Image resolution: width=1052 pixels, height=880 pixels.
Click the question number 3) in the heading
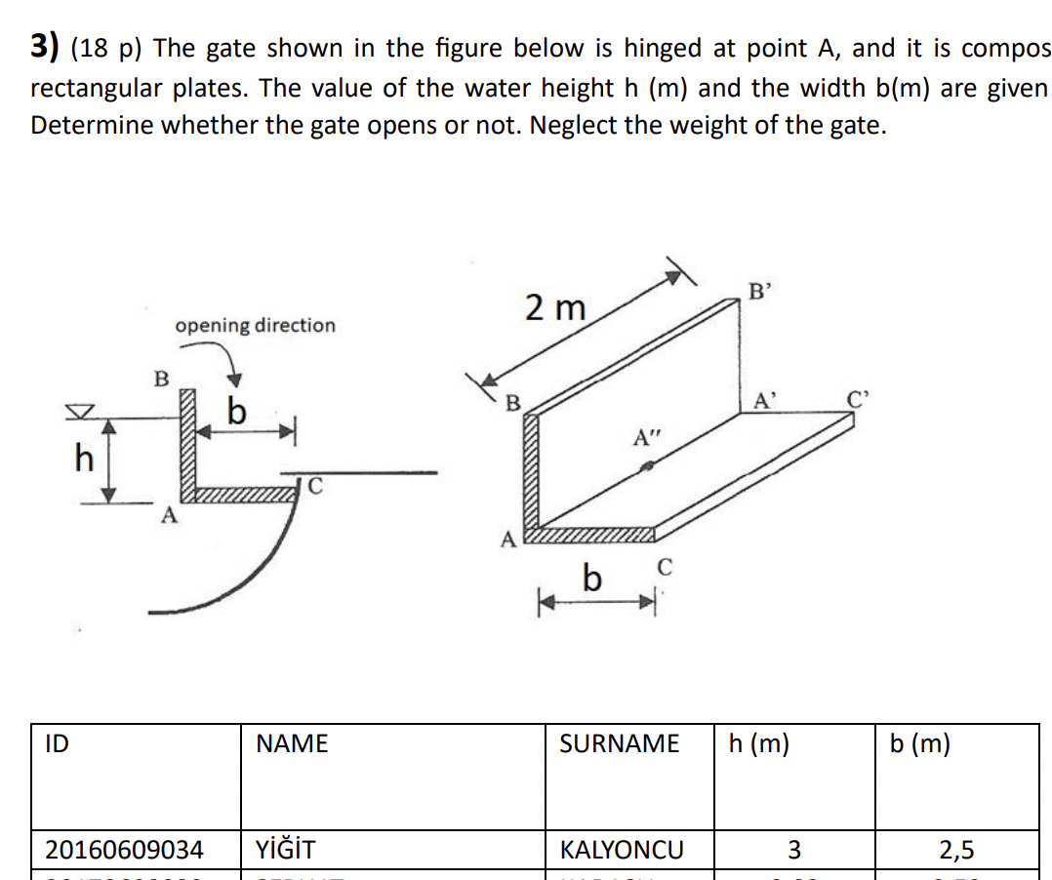point(45,46)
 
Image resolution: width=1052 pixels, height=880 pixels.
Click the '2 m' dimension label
point(554,308)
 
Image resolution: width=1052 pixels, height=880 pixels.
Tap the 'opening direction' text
point(255,325)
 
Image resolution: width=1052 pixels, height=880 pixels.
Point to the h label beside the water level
point(84,457)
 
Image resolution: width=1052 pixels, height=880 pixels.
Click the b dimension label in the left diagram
point(235,414)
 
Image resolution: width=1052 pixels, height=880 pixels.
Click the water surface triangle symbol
point(87,414)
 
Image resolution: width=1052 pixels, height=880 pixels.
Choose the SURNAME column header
point(619,744)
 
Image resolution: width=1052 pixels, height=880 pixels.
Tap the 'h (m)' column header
point(759,744)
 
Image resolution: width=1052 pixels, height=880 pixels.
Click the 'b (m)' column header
point(919,744)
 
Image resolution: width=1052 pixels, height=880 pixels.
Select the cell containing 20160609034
point(125,850)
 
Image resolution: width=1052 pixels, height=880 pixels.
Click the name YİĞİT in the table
point(285,850)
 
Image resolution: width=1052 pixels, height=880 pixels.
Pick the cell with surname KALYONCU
point(622,850)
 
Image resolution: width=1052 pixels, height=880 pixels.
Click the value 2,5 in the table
point(955,850)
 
